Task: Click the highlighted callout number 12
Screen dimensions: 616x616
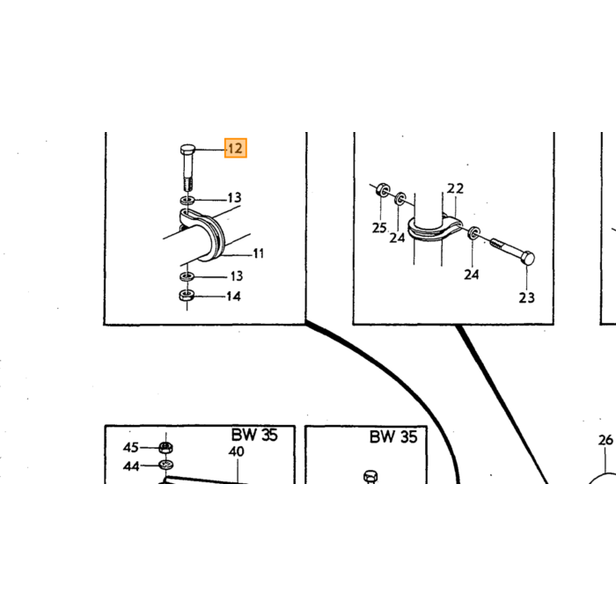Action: pos(235,148)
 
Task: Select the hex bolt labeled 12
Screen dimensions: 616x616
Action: pos(187,166)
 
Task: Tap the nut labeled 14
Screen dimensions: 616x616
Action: pos(187,295)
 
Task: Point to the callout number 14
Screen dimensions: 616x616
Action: pos(233,296)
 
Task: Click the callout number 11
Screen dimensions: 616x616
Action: pos(258,253)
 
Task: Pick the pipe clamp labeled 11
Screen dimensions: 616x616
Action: pos(204,235)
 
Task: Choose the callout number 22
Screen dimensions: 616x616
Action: pos(455,188)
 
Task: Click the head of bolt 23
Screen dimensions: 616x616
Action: pos(528,258)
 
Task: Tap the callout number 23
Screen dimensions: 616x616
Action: pos(526,297)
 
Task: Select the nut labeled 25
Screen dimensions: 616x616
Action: pos(382,191)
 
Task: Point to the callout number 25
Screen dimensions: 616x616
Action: pos(379,227)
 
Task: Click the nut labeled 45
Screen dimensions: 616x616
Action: pos(166,447)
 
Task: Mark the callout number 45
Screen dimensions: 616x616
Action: pos(131,447)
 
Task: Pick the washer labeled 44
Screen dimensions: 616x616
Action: pos(166,466)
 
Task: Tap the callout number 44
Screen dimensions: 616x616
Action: pos(131,466)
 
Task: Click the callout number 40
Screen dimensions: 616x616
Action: pos(236,451)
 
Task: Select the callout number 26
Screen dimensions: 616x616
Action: pos(605,440)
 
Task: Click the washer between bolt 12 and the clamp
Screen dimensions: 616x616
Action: pos(187,201)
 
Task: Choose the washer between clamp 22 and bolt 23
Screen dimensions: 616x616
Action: pos(474,233)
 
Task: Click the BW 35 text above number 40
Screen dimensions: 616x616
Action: pos(254,435)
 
